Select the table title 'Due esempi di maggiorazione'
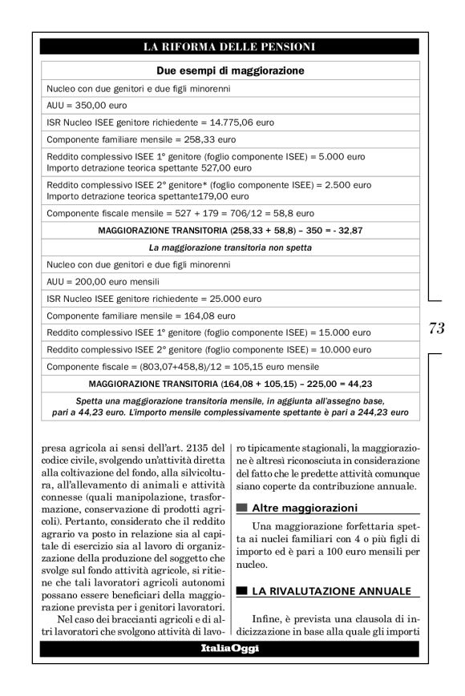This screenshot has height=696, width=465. coord(229,70)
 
